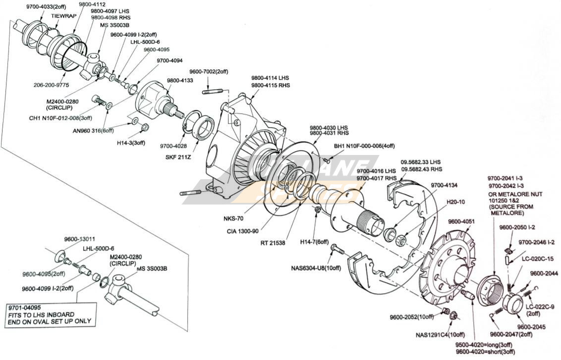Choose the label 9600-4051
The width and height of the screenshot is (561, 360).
(x=461, y=221)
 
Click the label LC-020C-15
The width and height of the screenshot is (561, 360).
(x=538, y=258)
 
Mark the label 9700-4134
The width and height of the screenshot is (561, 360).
(x=444, y=185)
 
